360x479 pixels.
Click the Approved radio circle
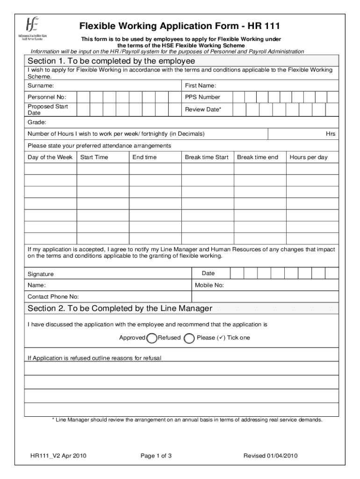(x=151, y=338)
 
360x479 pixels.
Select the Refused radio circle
(x=189, y=338)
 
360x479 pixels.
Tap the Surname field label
(x=41, y=86)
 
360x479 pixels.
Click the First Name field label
(x=200, y=86)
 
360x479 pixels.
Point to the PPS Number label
(x=202, y=97)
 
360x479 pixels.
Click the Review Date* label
(x=203, y=109)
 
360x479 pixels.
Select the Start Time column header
(x=94, y=157)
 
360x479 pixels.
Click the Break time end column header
(x=257, y=157)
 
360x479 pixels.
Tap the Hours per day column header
(x=309, y=157)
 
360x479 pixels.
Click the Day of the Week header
(x=50, y=157)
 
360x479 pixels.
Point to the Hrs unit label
(x=331, y=134)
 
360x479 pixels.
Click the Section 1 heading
(x=111, y=62)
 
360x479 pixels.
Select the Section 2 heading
(x=120, y=308)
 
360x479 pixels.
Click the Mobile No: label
(x=209, y=285)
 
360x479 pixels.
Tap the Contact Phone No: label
(x=53, y=297)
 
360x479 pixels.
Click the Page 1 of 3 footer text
(x=156, y=456)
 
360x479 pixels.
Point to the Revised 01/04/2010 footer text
(x=271, y=456)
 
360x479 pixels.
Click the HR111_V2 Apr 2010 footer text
(x=58, y=456)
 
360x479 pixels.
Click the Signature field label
(x=41, y=274)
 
